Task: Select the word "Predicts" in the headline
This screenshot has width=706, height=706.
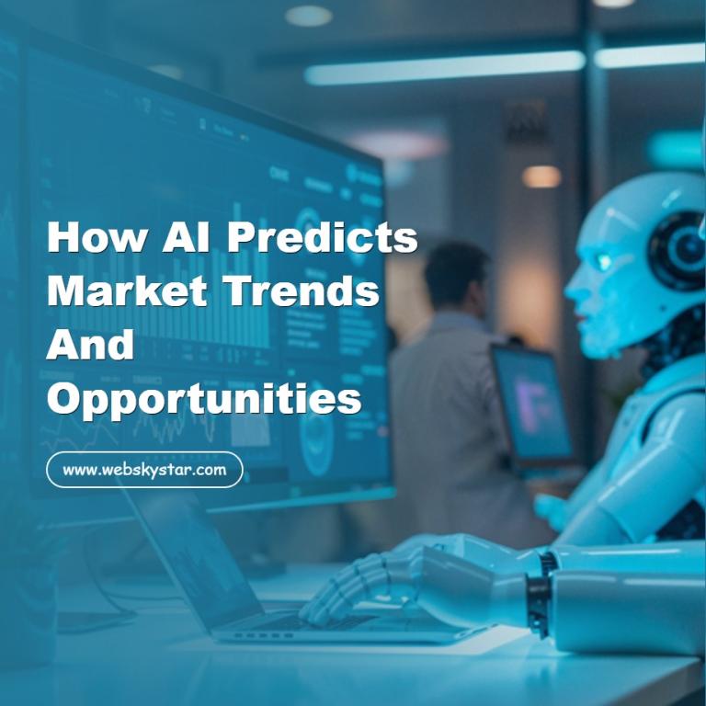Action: pyautogui.click(x=322, y=238)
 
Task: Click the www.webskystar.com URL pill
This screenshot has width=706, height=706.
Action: pyautogui.click(x=144, y=470)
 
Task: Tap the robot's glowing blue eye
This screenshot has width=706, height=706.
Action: pyautogui.click(x=603, y=262)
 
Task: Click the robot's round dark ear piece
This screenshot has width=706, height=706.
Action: pyautogui.click(x=678, y=250)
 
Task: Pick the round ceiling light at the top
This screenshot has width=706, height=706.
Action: pyautogui.click(x=307, y=15)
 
